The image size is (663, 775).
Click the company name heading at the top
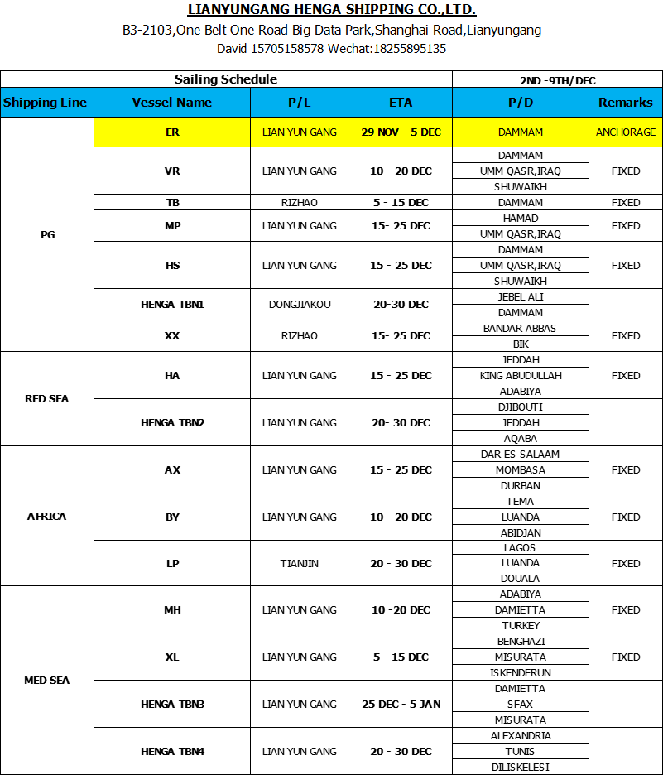[332, 10]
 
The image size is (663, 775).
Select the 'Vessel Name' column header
[172, 103]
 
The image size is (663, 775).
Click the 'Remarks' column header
[626, 103]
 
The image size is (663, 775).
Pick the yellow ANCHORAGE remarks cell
[626, 132]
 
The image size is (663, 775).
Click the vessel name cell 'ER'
[172, 132]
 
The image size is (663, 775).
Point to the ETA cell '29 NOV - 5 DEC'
[401, 132]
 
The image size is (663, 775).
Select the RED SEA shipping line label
[47, 399]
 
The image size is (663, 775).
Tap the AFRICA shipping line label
[47, 517]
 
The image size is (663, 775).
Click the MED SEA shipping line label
[47, 681]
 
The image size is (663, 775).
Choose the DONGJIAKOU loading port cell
[300, 305]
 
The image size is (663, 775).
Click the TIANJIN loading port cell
[300, 564]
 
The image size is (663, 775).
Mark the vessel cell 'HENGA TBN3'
[172, 705]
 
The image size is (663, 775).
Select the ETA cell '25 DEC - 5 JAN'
[401, 705]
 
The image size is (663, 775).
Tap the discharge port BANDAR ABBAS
[521, 329]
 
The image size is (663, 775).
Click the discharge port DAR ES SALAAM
[521, 455]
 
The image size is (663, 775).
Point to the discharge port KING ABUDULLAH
[521, 376]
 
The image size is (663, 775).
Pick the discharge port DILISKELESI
[521, 767]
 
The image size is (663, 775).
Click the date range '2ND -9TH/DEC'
[557, 80]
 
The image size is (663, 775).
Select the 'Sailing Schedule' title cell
[226, 79]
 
